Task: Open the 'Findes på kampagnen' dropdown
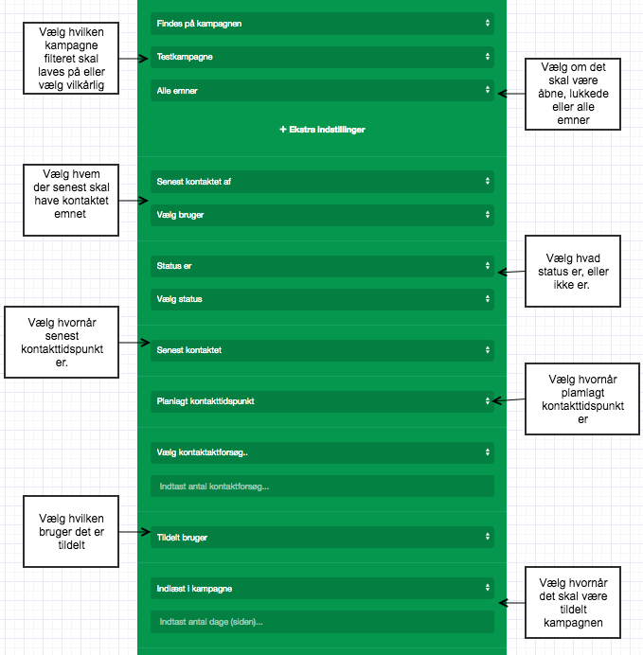[x=322, y=24]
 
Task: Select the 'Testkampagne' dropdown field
[x=322, y=57]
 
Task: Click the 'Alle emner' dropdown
[x=322, y=90]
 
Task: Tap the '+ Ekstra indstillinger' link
[x=322, y=130]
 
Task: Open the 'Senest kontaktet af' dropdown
[x=322, y=182]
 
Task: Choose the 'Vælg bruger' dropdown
[x=322, y=215]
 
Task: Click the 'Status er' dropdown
[x=322, y=266]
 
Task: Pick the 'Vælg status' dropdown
[x=322, y=299]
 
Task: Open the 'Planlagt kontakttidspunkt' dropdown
[x=322, y=401]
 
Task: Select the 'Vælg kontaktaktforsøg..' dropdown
[x=322, y=452]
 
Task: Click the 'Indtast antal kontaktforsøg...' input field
[x=322, y=487]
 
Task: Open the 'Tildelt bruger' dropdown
[x=322, y=538]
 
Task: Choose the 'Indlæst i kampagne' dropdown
[x=322, y=589]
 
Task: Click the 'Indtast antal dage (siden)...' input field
[x=322, y=622]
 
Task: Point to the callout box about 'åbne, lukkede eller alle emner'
[x=573, y=94]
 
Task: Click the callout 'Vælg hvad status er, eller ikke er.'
[x=573, y=271]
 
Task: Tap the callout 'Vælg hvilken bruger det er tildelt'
[x=71, y=531]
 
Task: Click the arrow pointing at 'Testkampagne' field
[x=134, y=59]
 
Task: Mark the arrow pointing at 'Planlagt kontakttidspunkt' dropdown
[x=509, y=400]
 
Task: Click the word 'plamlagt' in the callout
[x=582, y=393]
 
